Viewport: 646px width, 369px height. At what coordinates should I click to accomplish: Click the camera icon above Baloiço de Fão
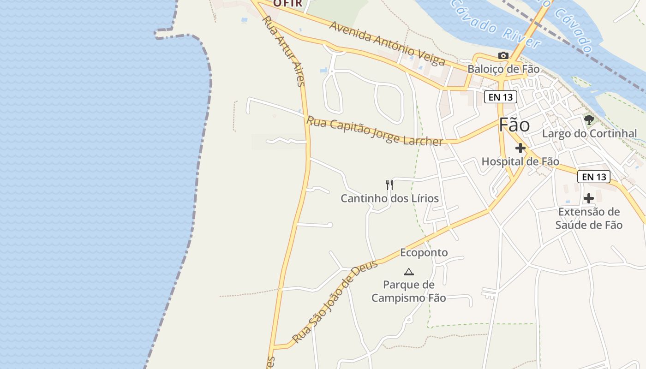(503, 56)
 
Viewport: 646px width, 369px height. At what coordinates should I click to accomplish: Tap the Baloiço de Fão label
(503, 69)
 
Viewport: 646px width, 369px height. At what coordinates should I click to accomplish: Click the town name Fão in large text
(514, 125)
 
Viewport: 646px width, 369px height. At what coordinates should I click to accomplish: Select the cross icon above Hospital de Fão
(520, 149)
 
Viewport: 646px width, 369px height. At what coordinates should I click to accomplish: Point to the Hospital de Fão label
(520, 161)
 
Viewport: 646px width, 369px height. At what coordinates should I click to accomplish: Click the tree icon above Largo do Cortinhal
(589, 120)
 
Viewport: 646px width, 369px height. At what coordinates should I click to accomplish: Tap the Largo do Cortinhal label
(589, 134)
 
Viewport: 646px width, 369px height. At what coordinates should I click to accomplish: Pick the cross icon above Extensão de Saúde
(589, 198)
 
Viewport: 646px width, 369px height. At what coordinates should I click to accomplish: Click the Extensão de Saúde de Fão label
(589, 218)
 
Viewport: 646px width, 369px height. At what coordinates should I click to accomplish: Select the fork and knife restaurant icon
(389, 185)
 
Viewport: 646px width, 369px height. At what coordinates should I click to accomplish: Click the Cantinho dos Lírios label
(389, 198)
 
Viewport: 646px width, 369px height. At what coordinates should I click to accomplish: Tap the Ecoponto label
(424, 252)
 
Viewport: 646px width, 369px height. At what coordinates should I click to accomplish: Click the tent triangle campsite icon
(408, 272)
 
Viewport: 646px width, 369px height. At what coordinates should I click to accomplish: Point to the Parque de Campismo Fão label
(408, 291)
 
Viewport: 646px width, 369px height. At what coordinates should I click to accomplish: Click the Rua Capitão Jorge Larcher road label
(375, 131)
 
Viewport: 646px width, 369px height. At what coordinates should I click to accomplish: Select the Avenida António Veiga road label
(387, 43)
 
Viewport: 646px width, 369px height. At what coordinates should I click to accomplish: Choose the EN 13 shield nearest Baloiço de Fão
(500, 97)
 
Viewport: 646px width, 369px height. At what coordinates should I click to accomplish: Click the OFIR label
(287, 3)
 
